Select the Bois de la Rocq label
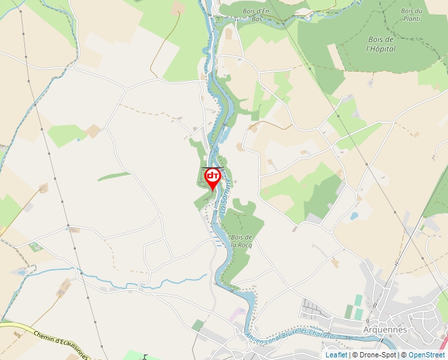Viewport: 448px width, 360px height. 242,241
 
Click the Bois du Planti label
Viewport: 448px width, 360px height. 411,14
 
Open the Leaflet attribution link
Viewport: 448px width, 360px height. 336,355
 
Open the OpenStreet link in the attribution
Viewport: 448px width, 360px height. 426,355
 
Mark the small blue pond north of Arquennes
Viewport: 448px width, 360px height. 354,216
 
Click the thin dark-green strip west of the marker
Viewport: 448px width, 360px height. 114,176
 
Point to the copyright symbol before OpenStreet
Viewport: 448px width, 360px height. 404,355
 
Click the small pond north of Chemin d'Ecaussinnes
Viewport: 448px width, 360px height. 21,271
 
